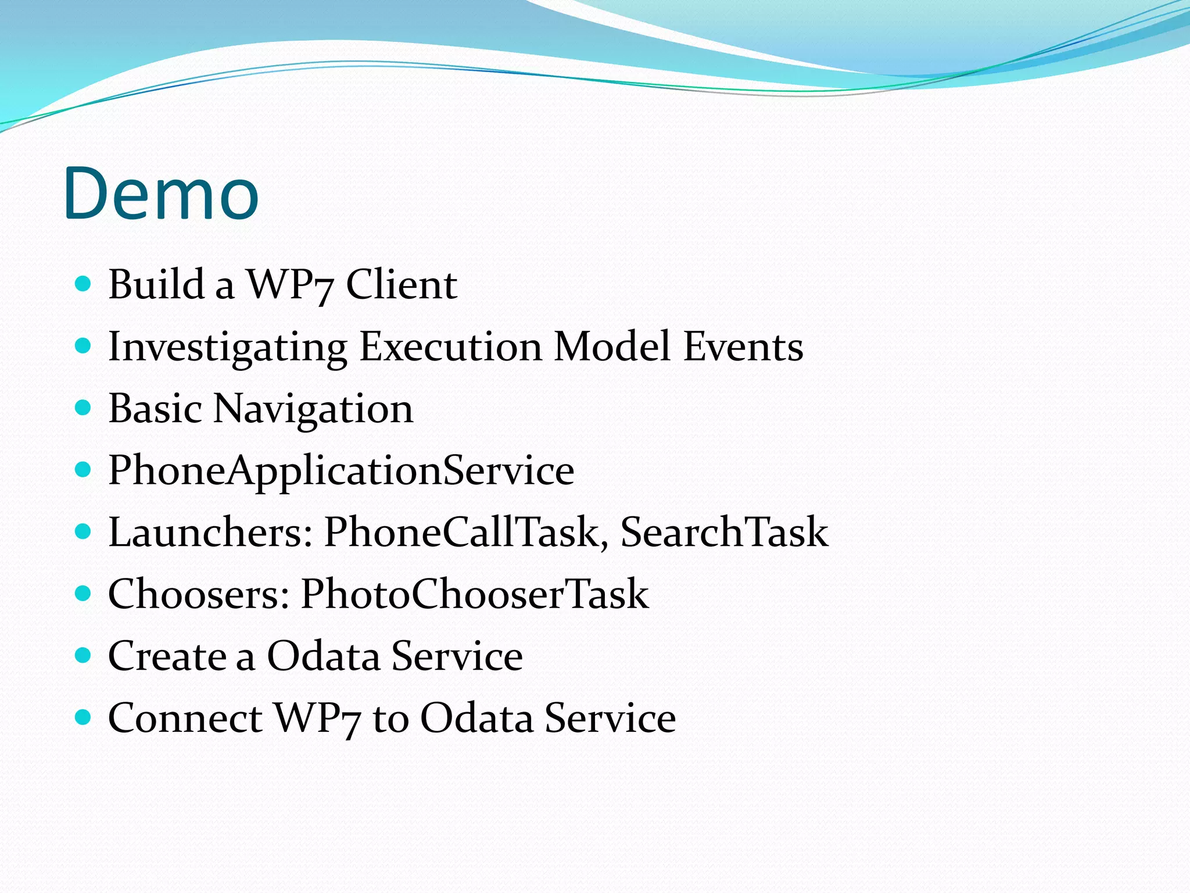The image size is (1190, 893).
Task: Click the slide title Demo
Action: [x=161, y=194]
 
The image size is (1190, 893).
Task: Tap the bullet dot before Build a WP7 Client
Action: [x=84, y=284]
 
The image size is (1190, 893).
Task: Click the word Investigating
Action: [x=228, y=347]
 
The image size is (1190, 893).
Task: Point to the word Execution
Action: [x=451, y=347]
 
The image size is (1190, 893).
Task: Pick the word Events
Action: [x=743, y=347]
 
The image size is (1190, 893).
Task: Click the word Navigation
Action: [x=313, y=409]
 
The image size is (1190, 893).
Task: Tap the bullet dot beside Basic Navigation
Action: [x=84, y=408]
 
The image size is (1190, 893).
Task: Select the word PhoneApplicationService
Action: [x=341, y=471]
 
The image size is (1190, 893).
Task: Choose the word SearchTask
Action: [x=724, y=533]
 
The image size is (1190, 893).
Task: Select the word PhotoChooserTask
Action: [x=475, y=594]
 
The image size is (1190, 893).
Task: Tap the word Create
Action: [x=167, y=656]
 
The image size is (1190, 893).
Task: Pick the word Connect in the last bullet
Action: [x=185, y=718]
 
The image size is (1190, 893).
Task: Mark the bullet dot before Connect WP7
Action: [x=84, y=718]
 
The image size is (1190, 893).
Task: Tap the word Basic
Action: [x=155, y=409]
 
